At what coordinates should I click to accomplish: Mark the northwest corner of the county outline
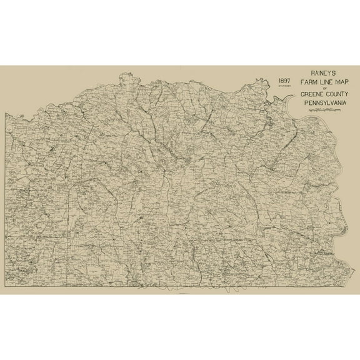click(x=6, y=114)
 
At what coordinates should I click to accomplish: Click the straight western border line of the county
click(x=6, y=200)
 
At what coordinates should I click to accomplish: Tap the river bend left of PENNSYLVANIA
click(x=275, y=102)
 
